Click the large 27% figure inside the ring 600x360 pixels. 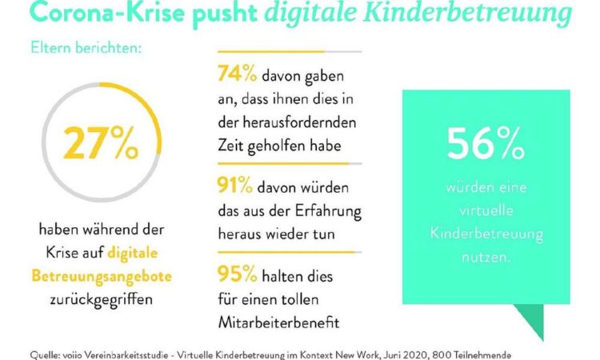click(101, 142)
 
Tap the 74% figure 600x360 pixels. click(238, 73)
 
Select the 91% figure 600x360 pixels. click(235, 185)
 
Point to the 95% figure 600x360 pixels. click(238, 274)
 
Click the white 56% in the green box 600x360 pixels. click(486, 143)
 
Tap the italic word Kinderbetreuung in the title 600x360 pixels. click(467, 14)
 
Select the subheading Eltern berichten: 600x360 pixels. click(86, 48)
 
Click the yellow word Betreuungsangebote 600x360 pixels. click(102, 276)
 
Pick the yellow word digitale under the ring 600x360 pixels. click(132, 254)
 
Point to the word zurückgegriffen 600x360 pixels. click(102, 299)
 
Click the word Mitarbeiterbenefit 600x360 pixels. click(278, 322)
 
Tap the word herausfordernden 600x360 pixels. click(299, 122)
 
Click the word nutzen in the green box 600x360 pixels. click(486, 257)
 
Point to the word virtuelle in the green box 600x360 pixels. click(486, 210)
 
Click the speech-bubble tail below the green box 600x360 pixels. click(532, 320)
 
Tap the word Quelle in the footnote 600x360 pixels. click(44, 355)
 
